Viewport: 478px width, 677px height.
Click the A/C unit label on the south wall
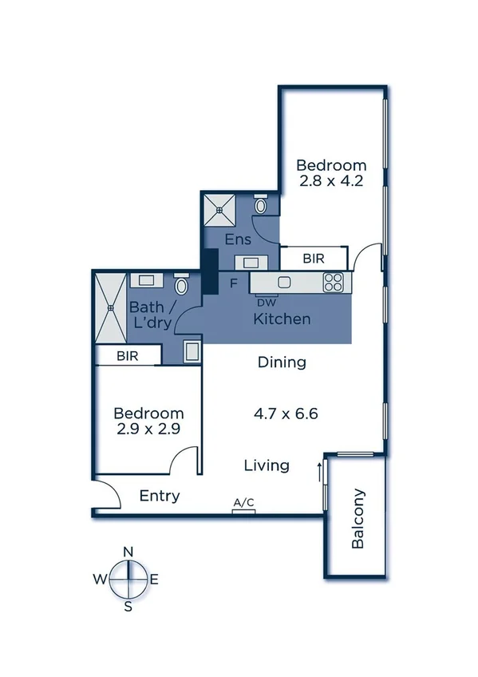point(243,502)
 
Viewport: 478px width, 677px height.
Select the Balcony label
point(358,518)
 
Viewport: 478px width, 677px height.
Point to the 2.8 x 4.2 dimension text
point(331,181)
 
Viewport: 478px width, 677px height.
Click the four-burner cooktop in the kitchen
point(332,282)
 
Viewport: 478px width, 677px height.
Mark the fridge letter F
point(234,283)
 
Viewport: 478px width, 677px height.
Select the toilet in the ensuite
point(261,206)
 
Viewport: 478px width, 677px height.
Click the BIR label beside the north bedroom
point(314,259)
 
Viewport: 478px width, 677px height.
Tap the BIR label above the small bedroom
point(126,356)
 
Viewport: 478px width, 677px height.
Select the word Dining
point(282,362)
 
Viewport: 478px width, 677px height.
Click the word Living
point(267,465)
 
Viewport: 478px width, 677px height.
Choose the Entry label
point(160,496)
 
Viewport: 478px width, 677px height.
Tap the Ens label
point(238,240)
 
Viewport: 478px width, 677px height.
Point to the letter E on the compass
point(154,580)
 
